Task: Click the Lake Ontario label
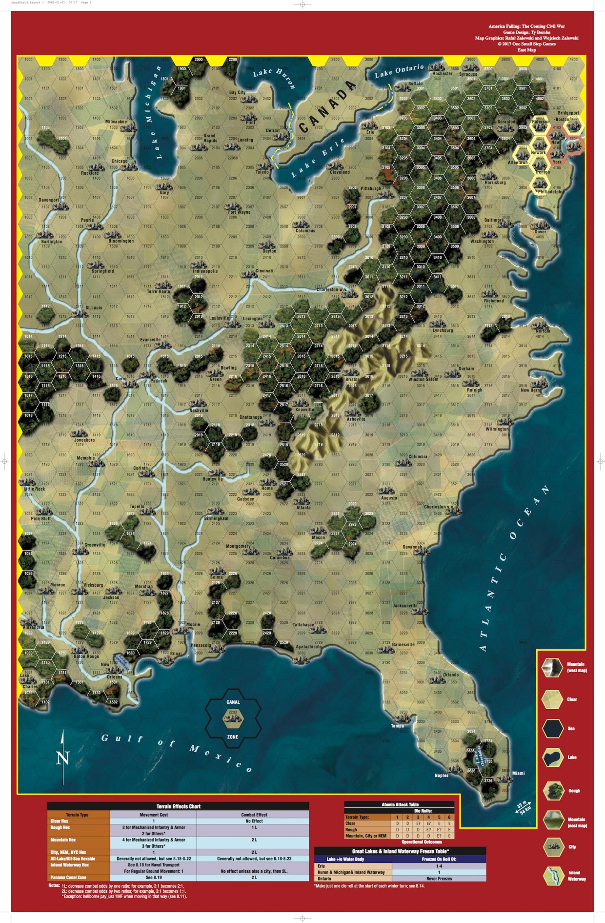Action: [x=399, y=71]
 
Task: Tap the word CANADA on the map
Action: [x=327, y=106]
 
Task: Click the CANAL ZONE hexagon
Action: [x=233, y=719]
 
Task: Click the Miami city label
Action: [x=518, y=773]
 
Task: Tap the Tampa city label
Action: [x=397, y=725]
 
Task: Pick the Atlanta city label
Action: [x=303, y=508]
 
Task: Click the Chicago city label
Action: [x=119, y=161]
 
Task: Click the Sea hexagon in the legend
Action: [x=553, y=728]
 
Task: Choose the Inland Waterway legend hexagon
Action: [x=553, y=876]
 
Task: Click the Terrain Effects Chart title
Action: [x=178, y=806]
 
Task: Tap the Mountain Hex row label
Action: [x=63, y=840]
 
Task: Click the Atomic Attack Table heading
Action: [x=400, y=804]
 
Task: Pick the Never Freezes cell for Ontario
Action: [x=439, y=878]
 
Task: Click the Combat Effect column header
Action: [x=254, y=815]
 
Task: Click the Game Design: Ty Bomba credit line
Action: [x=526, y=32]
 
